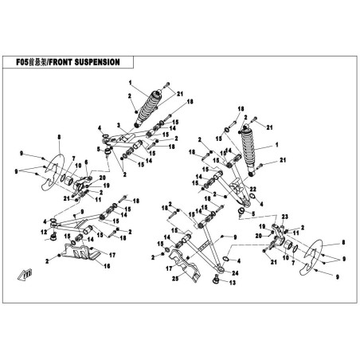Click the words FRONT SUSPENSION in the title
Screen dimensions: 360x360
(x=84, y=62)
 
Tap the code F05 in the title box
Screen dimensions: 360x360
(x=22, y=62)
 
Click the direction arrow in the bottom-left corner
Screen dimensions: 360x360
(x=25, y=274)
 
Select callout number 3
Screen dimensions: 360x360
(x=119, y=125)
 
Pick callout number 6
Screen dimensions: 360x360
(x=86, y=162)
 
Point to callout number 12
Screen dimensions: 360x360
(x=44, y=233)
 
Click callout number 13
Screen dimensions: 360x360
(x=233, y=283)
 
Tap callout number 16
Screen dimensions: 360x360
(x=107, y=266)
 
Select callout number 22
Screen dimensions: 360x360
(x=252, y=189)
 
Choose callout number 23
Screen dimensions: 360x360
(x=284, y=217)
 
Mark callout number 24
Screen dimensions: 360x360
(x=235, y=273)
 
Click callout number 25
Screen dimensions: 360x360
(x=175, y=278)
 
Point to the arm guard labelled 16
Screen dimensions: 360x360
(x=80, y=252)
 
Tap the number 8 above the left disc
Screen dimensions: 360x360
(x=59, y=137)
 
